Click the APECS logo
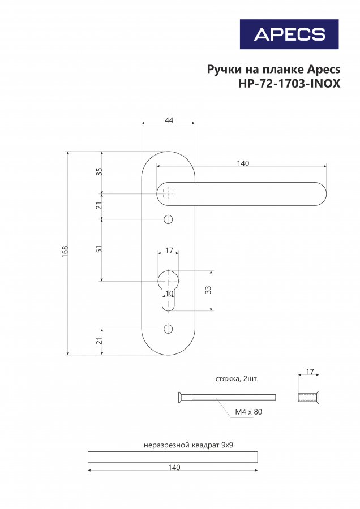(x=289, y=34)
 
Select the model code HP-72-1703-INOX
(x=289, y=84)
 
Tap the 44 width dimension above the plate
(x=169, y=120)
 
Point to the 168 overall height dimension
(x=65, y=252)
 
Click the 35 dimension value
(x=100, y=172)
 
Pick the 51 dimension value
(x=100, y=249)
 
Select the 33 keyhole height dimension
(x=208, y=290)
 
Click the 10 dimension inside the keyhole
(x=169, y=294)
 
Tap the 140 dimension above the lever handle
(x=243, y=163)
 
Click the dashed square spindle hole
(x=168, y=194)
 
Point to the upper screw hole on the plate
(x=168, y=219)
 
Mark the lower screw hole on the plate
(x=168, y=329)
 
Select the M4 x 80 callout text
(x=248, y=412)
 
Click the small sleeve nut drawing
(x=308, y=398)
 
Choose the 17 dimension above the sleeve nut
(x=310, y=372)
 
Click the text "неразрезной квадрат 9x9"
(x=188, y=445)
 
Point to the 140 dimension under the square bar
(x=174, y=468)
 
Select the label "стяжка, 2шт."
(x=237, y=379)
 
